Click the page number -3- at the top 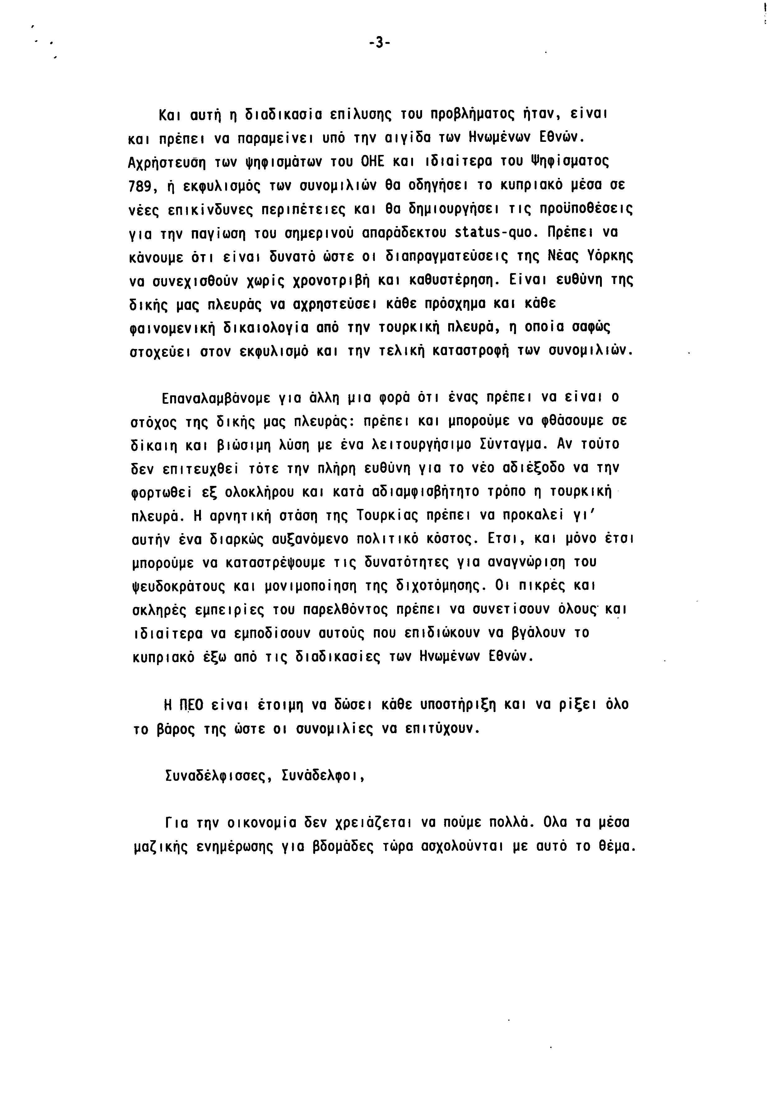pos(379,43)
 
